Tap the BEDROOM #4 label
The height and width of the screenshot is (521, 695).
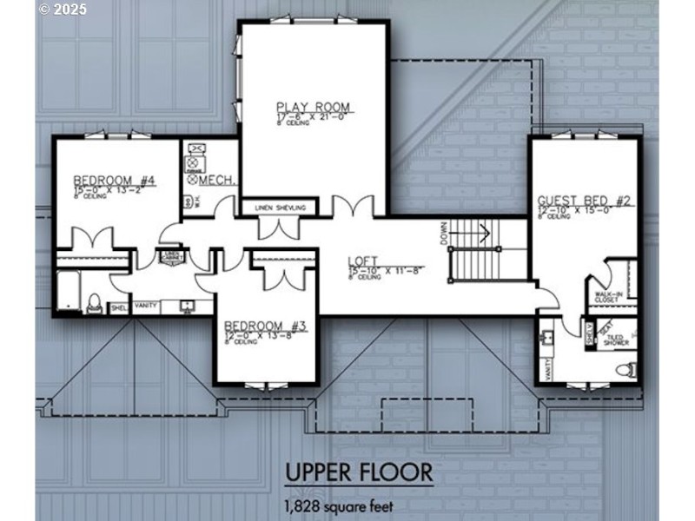point(114,181)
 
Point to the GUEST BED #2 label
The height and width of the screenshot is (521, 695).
point(583,201)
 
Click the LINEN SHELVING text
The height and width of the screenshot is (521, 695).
point(280,208)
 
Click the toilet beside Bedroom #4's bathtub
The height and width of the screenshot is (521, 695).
point(96,303)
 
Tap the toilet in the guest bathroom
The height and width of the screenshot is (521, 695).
point(623,370)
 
